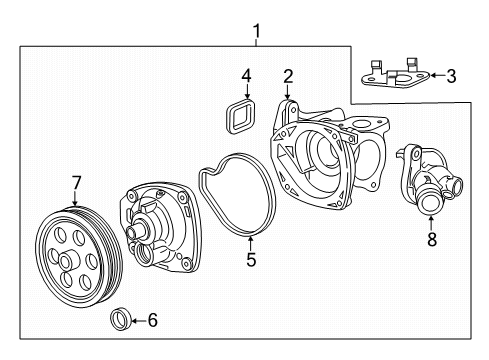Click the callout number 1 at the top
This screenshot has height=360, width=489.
tap(256, 31)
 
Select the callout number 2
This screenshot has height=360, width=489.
tap(288, 76)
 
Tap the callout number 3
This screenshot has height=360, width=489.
tap(451, 76)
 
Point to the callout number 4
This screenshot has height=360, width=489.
tap(246, 75)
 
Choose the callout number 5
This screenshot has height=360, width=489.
tap(251, 259)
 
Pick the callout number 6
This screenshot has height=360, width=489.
tap(152, 320)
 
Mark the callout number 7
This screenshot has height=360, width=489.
tap(76, 183)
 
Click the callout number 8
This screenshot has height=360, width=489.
tap(432, 239)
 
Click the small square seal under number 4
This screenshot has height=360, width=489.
tap(240, 116)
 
